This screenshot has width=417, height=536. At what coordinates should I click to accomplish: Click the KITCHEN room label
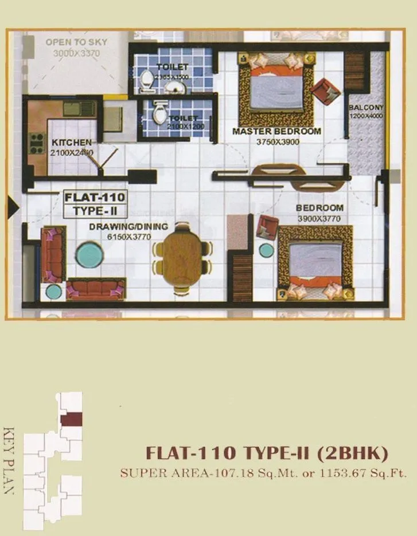71,142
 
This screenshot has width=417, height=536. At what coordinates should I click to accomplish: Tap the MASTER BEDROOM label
276,132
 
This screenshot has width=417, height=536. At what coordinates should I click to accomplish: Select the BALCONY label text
365,107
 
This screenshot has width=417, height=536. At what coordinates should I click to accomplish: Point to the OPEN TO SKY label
76,42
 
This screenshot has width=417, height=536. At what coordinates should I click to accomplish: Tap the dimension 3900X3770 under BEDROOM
319,218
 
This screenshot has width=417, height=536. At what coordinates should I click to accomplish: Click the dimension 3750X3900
278,143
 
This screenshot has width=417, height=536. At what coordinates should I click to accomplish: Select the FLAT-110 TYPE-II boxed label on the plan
95,204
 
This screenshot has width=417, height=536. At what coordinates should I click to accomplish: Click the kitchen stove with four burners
37,144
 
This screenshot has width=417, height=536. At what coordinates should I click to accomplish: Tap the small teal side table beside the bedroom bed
266,250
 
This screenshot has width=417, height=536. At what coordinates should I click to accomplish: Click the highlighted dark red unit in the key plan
72,419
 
